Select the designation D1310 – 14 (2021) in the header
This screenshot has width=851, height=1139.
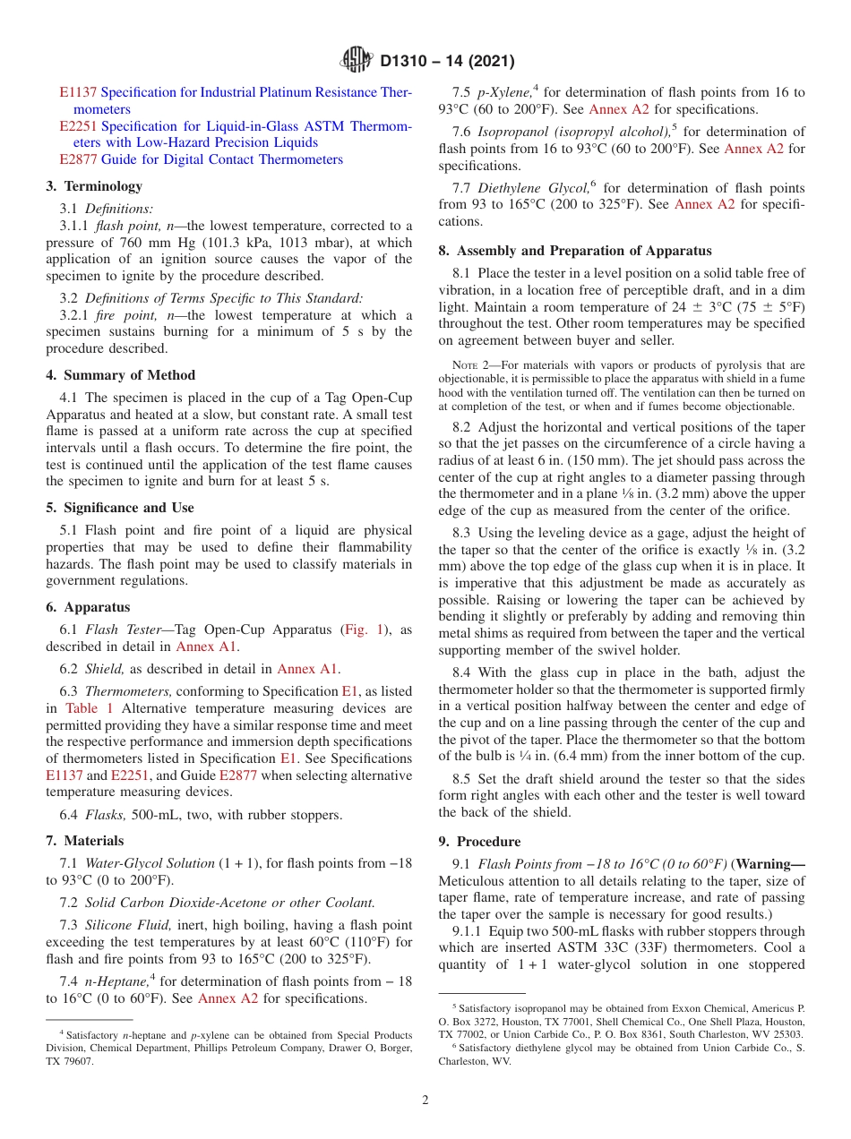pos(447,62)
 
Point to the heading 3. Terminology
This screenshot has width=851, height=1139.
pos(94,186)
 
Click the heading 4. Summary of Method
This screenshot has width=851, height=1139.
pos(120,375)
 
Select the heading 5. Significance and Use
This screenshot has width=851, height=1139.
pos(119,508)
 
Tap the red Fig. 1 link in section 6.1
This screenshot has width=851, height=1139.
pos(365,630)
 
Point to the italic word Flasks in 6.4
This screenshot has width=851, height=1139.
pos(105,815)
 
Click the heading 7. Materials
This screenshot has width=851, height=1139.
pos(84,841)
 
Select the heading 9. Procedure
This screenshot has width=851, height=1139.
pos(479,842)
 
